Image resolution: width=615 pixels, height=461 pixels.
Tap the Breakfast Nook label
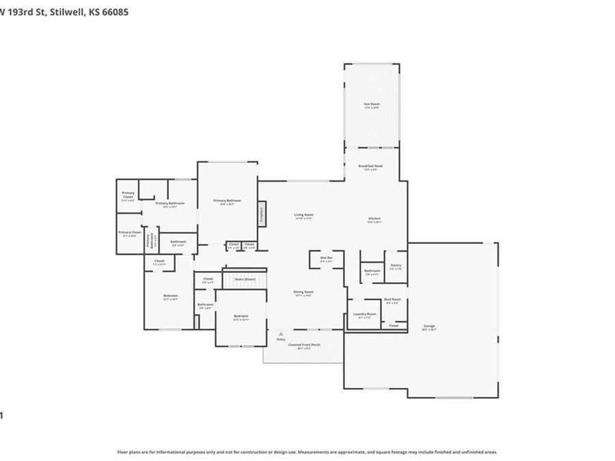(371, 167)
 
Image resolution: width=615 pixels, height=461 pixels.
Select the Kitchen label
(374, 220)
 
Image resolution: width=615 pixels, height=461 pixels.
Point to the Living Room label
(303, 216)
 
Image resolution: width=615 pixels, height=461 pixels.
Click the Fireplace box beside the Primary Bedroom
(262, 213)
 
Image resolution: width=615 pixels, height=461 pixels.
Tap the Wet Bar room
(326, 259)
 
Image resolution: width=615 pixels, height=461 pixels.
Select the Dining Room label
(303, 294)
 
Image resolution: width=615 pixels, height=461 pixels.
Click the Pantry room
(396, 266)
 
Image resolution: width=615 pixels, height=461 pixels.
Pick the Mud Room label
(392, 301)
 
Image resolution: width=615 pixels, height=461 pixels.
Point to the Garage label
(429, 326)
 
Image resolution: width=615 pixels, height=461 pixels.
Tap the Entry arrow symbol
(281, 334)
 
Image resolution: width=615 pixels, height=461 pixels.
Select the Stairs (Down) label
(245, 279)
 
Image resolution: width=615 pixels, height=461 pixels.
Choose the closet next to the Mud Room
(394, 326)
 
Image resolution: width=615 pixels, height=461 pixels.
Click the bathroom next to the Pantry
(372, 272)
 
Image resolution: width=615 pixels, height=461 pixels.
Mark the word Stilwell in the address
(66, 12)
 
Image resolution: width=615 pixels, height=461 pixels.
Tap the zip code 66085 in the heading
(114, 12)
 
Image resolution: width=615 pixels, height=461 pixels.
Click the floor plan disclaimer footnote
(307, 452)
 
